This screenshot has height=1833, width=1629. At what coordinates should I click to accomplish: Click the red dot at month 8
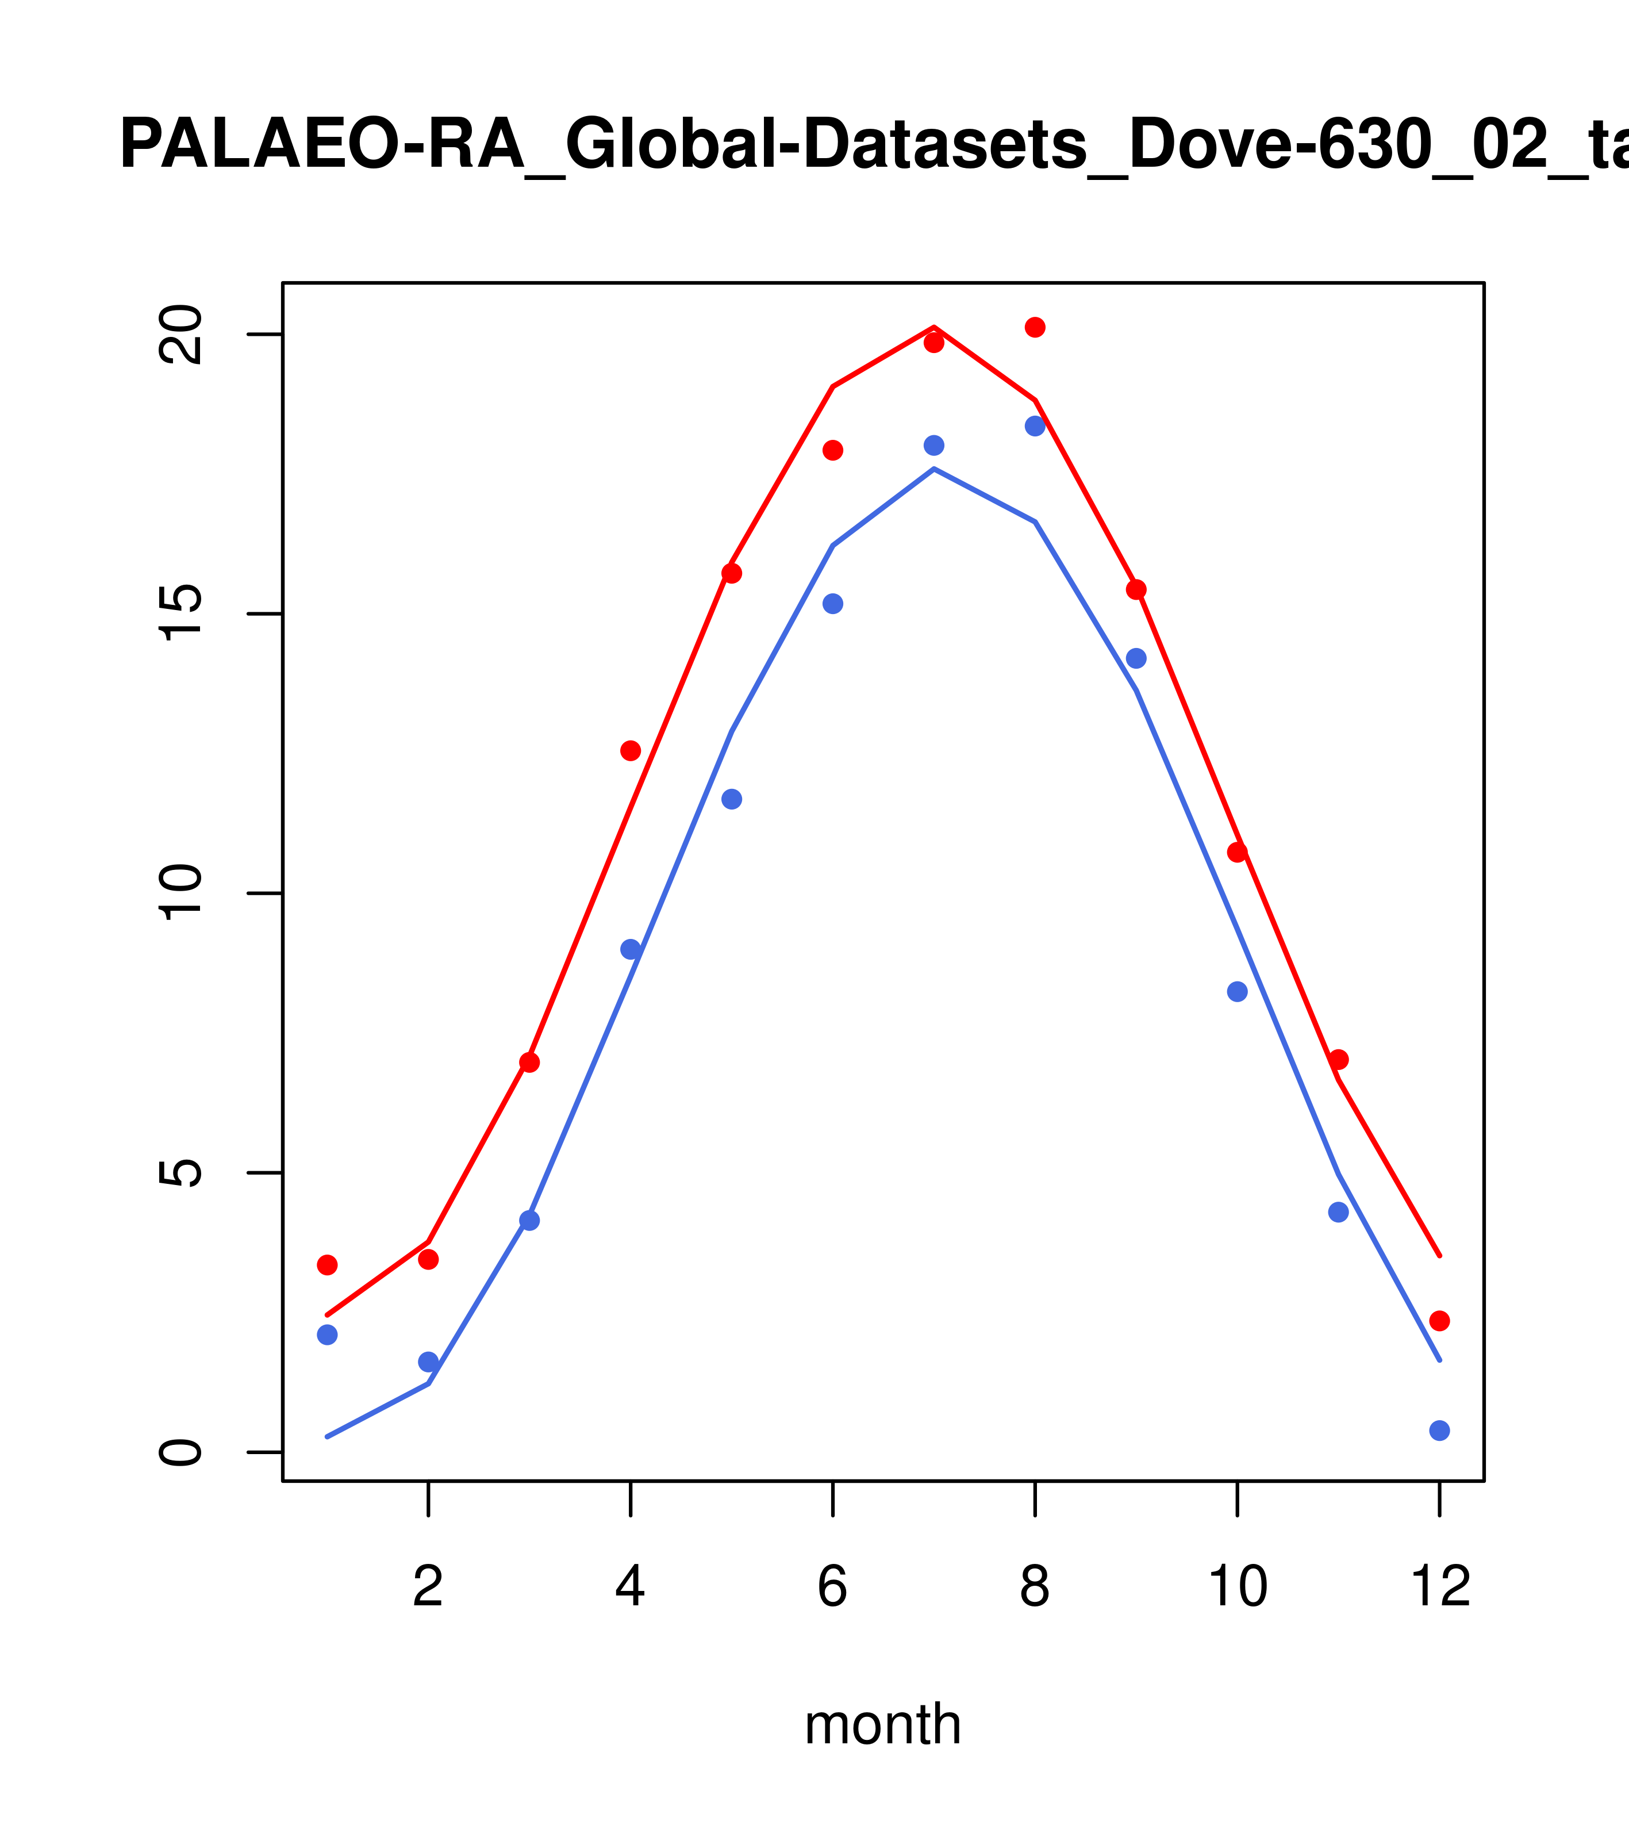click(x=1035, y=327)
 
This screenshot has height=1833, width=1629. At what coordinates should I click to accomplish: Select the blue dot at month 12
click(x=1439, y=1431)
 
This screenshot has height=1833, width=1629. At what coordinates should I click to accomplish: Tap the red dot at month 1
click(x=327, y=1264)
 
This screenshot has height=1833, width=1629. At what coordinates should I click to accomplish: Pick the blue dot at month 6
click(x=833, y=604)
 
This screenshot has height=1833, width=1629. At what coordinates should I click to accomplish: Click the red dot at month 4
click(x=630, y=750)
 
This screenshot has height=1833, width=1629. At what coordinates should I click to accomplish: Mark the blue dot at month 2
click(x=429, y=1362)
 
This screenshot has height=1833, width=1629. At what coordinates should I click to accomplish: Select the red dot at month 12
click(x=1439, y=1320)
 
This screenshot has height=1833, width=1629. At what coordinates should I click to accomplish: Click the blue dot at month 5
click(x=732, y=799)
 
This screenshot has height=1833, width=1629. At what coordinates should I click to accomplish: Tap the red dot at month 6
click(x=833, y=450)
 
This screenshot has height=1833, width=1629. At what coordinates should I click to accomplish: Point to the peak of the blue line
click(x=934, y=469)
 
